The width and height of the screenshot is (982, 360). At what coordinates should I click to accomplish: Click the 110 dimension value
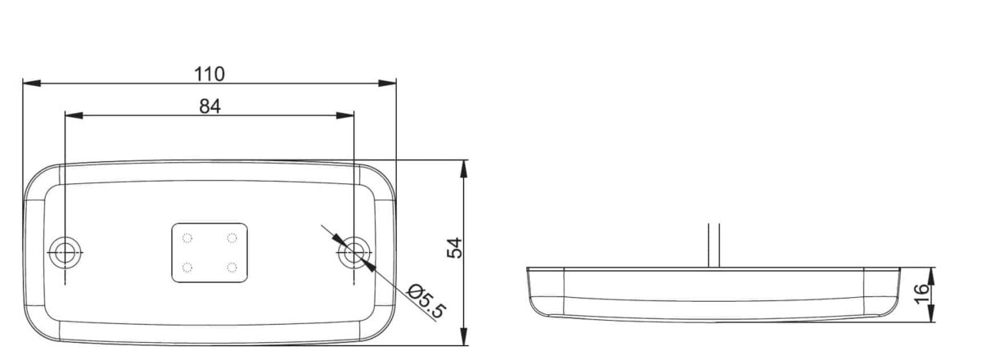click(x=209, y=74)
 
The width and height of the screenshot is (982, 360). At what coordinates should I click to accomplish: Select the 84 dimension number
click(x=210, y=106)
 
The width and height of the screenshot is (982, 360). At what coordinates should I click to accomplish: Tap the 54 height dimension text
click(x=455, y=248)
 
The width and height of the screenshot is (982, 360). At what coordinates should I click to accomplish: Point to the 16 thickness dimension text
click(x=921, y=294)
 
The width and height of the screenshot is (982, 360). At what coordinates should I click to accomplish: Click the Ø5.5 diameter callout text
click(x=426, y=301)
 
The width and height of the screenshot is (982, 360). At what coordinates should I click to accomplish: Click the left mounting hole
click(x=65, y=253)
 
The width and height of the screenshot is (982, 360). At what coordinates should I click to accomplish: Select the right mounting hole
click(x=354, y=253)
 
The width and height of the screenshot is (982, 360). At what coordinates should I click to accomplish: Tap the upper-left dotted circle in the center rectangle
click(x=187, y=238)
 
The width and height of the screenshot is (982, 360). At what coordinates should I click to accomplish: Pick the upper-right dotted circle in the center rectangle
click(x=232, y=238)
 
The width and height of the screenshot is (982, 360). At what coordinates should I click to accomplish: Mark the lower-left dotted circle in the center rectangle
click(x=187, y=267)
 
